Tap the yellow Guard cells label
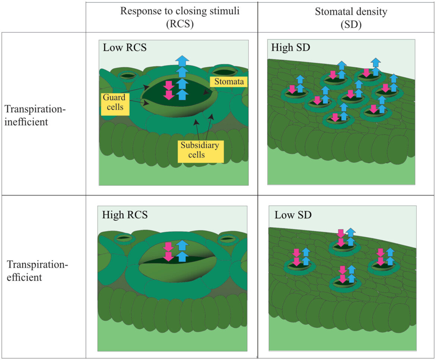[x=114, y=104]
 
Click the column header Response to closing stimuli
[x=180, y=11]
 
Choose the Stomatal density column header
[x=351, y=11]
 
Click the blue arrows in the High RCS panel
[x=182, y=251]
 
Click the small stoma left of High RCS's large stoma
[x=123, y=238]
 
